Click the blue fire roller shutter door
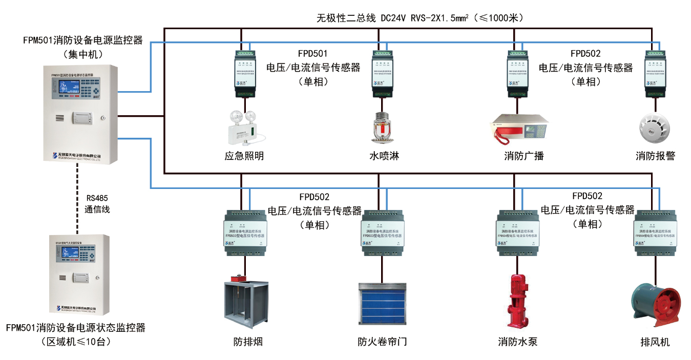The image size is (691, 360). point(382,304)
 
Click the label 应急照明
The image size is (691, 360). point(244,156)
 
